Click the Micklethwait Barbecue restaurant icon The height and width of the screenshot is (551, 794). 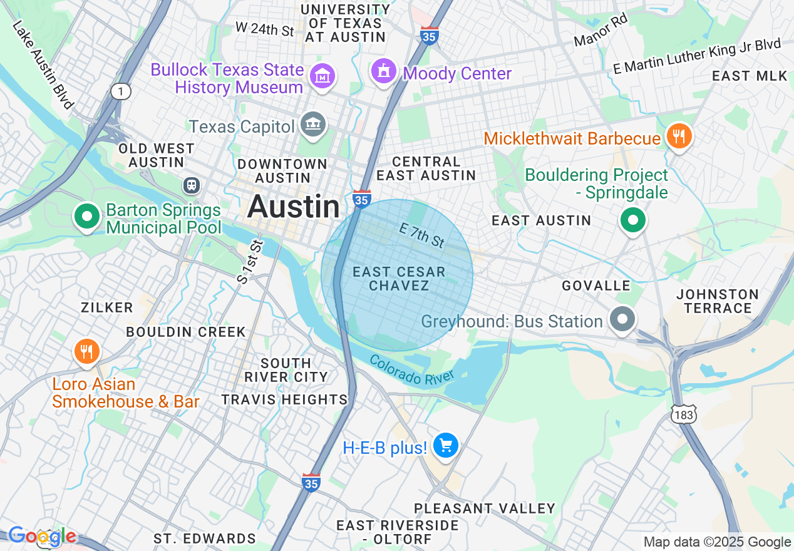click(678, 136)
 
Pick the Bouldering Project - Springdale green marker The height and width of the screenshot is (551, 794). click(633, 220)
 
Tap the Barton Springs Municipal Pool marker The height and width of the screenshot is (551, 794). click(87, 217)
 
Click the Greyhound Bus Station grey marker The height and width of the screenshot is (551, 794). click(622, 319)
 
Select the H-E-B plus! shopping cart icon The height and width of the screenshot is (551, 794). click(446, 446)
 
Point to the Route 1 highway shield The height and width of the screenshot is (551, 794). click(121, 91)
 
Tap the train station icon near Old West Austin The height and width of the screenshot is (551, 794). click(191, 185)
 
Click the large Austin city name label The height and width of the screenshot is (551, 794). click(294, 207)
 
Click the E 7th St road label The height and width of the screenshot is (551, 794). click(422, 236)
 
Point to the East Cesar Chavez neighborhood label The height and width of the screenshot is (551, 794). click(399, 279)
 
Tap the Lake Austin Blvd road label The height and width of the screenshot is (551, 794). click(43, 64)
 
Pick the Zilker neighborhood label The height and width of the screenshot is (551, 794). click(107, 307)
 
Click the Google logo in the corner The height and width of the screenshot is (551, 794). click(42, 537)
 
